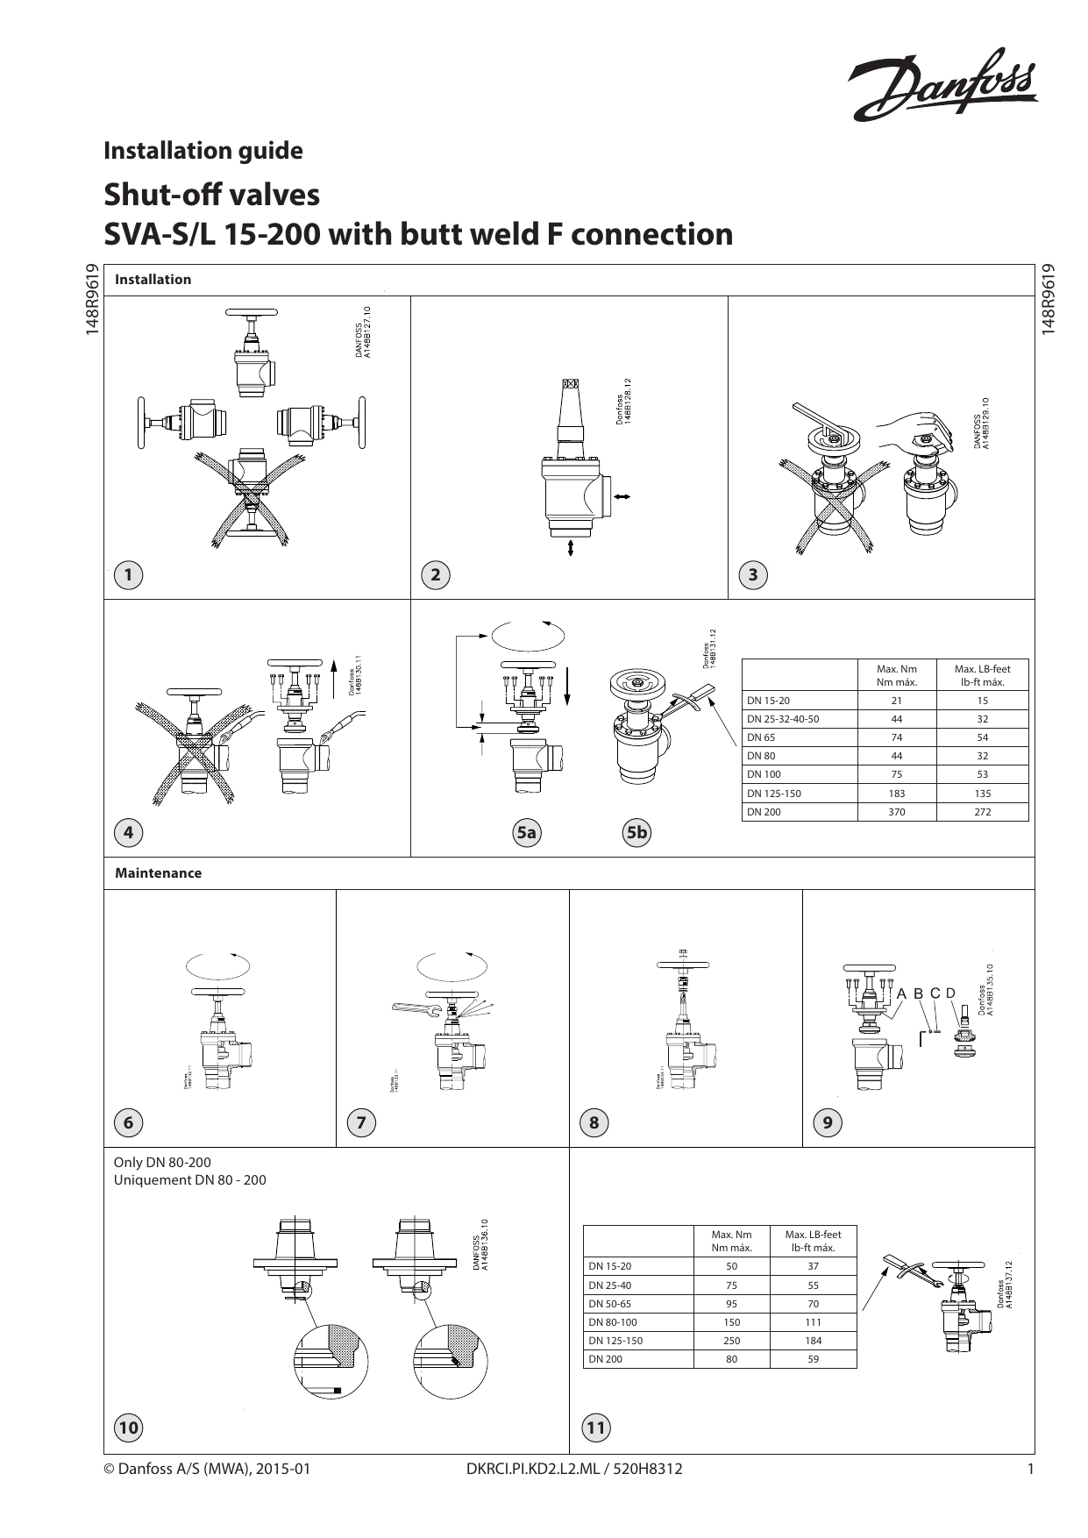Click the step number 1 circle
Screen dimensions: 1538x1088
(128, 575)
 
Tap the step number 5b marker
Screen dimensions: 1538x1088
(636, 832)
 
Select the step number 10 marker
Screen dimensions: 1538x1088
(128, 1428)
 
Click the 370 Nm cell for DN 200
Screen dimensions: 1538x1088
(896, 812)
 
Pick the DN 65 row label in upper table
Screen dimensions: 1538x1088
(761, 737)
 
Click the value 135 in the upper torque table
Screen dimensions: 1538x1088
(982, 794)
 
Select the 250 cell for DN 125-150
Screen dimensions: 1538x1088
(731, 1341)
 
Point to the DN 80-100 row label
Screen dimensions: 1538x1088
(613, 1322)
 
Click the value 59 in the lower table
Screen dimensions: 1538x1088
(813, 1359)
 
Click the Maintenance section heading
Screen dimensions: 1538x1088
(158, 873)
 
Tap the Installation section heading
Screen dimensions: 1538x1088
(153, 280)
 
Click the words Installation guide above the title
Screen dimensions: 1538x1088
(203, 151)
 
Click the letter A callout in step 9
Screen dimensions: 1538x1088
(900, 993)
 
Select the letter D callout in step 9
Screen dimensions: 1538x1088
(949, 993)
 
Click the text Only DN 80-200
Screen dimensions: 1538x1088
(162, 1163)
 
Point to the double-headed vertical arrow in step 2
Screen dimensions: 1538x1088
(572, 548)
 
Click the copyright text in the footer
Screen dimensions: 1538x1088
(207, 1469)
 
